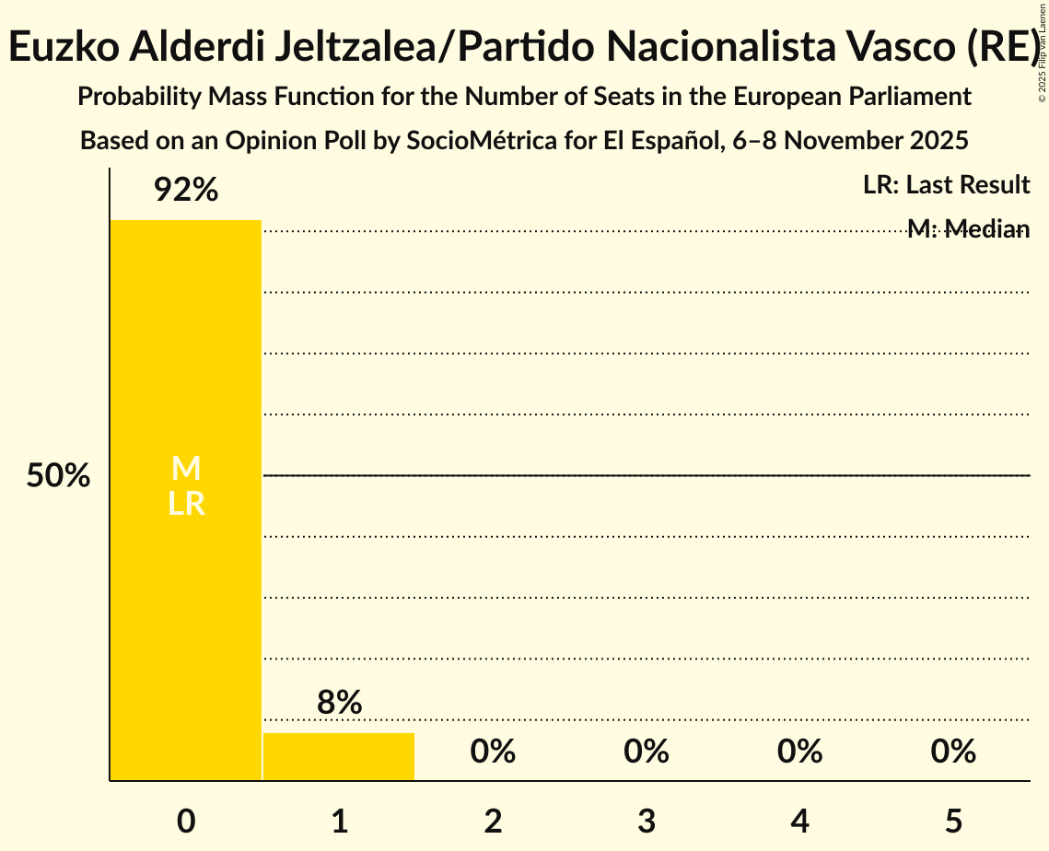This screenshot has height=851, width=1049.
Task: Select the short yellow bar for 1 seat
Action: [339, 757]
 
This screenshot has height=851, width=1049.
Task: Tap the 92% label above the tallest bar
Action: [186, 191]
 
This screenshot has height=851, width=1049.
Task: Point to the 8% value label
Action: [339, 703]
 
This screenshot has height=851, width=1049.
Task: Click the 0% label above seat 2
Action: [493, 752]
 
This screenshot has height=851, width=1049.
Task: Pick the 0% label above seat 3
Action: [646, 752]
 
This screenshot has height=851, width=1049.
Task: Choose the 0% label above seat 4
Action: [799, 752]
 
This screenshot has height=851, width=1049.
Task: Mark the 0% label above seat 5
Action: [952, 752]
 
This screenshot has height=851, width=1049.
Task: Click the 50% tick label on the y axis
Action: [58, 476]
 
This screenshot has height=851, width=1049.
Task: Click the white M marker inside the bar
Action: [186, 469]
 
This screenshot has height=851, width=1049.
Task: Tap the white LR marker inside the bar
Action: [186, 505]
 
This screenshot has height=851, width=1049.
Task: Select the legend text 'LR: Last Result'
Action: [946, 185]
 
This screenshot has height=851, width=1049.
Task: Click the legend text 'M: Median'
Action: [968, 229]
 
